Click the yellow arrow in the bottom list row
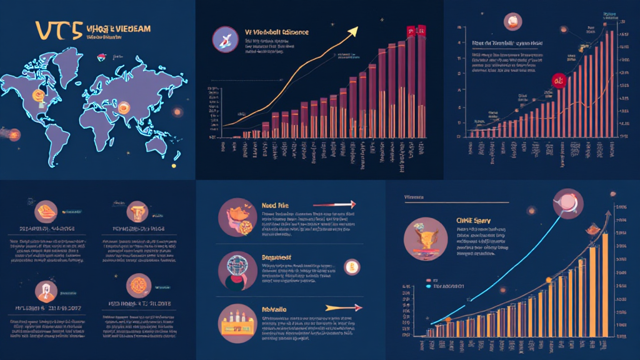(x=344, y=307)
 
